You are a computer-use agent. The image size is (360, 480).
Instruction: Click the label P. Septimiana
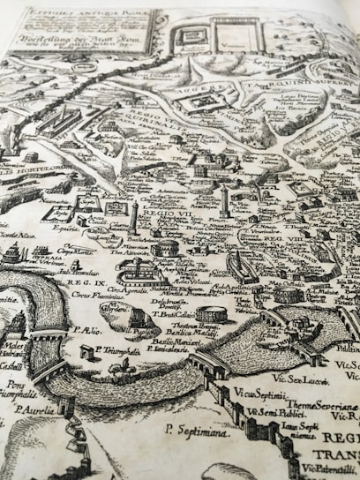click(x=196, y=432)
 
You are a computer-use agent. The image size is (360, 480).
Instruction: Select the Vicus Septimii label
click(x=257, y=394)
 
